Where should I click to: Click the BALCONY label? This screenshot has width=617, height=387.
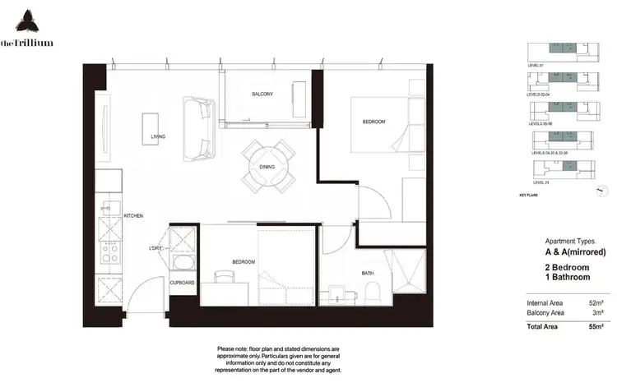pyautogui.click(x=262, y=94)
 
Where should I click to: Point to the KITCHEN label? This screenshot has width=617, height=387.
pyautogui.click(x=133, y=216)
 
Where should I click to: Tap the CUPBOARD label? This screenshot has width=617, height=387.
pyautogui.click(x=182, y=283)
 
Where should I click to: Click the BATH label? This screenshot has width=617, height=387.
pyautogui.click(x=369, y=272)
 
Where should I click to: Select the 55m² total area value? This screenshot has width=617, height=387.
pyautogui.click(x=596, y=327)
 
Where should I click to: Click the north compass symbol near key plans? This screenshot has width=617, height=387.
pyautogui.click(x=601, y=190)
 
